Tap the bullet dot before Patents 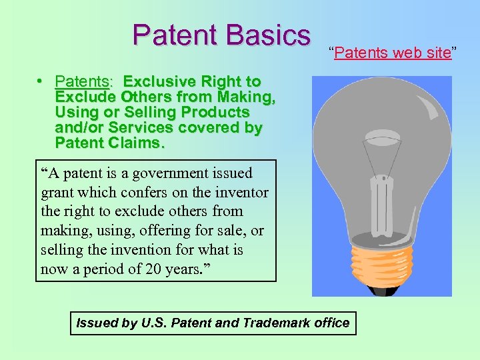point(41,81)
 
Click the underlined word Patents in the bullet point(83,82)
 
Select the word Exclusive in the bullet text point(157,82)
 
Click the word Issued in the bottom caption point(97,323)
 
